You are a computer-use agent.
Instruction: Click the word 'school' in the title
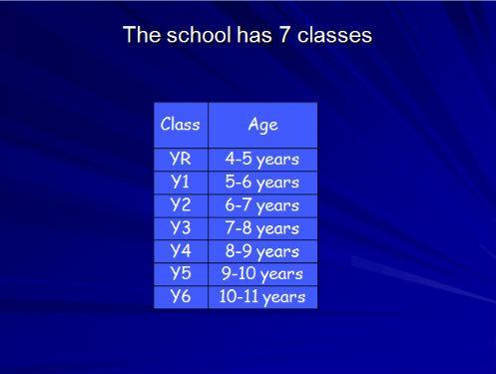coord(199,35)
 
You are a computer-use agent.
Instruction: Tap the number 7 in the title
coord(283,35)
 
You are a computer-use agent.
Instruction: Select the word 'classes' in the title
coord(334,35)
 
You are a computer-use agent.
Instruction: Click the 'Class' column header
coord(181,125)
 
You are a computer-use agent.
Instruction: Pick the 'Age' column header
coord(262,125)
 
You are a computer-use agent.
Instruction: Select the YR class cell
coord(181,160)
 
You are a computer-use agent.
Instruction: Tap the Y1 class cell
coord(181,183)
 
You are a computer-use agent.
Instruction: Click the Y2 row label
coord(181,205)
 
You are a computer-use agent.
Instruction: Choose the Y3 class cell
coord(181,228)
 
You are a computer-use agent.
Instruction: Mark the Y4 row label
coord(181,251)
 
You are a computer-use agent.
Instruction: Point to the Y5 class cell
coord(181,274)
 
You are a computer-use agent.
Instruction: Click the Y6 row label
coord(181,297)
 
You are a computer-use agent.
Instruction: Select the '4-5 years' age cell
coord(262,160)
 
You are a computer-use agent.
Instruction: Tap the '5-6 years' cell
coord(262,183)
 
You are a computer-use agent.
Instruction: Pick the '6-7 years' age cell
coord(262,205)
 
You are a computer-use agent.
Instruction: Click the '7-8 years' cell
coord(262,228)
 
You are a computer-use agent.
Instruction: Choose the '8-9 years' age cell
coord(262,251)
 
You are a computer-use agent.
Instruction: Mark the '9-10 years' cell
coord(262,274)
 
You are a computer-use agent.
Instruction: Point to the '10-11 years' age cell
coord(262,297)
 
